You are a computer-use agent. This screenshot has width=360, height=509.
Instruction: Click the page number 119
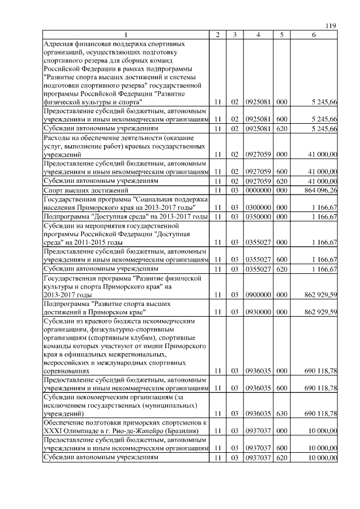click(331, 25)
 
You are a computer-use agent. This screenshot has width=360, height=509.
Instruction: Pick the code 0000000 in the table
click(258, 191)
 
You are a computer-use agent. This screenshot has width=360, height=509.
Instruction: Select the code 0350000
click(258, 216)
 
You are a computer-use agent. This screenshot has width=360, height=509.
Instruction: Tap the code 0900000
click(258, 294)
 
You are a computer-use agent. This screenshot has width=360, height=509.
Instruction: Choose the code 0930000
click(258, 312)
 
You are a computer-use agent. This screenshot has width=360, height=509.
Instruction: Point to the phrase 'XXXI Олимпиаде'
click(71, 431)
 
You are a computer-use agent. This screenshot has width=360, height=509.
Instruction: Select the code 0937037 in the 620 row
click(258, 458)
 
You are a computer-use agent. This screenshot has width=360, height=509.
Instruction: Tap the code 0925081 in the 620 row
click(258, 129)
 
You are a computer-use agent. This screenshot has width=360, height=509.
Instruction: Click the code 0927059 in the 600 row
click(258, 171)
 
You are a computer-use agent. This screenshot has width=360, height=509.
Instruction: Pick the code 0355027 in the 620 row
click(258, 269)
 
